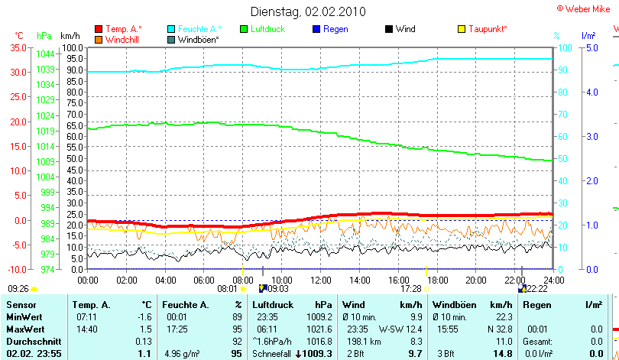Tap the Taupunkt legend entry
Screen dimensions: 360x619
click(487, 29)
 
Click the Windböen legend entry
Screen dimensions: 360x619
click(198, 39)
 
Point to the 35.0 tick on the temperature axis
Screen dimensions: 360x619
click(18, 47)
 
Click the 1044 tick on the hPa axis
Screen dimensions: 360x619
click(45, 54)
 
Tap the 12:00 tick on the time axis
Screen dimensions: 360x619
click(320, 279)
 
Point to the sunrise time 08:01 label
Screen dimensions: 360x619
click(228, 289)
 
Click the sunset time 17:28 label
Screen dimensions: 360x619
click(411, 289)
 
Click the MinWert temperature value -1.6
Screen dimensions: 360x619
click(144, 316)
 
